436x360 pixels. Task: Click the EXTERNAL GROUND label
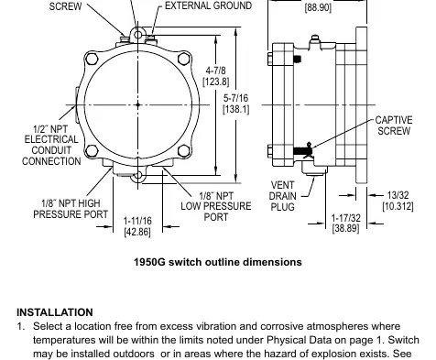(x=208, y=5)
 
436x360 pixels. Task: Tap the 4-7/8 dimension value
(x=216, y=71)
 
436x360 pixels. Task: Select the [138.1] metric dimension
(x=236, y=109)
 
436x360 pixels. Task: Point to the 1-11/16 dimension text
(x=137, y=221)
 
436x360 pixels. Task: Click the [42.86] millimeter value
(x=137, y=232)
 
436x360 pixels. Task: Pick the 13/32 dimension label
(x=398, y=195)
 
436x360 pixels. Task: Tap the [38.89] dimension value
(x=345, y=228)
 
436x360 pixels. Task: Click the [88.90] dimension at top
(x=318, y=7)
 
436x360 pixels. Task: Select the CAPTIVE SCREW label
(x=394, y=125)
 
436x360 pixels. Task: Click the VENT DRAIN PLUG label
(x=283, y=196)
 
